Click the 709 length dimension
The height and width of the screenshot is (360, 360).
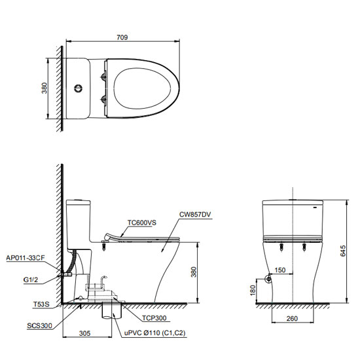click(x=122, y=37)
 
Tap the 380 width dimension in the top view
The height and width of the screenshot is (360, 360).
click(x=45, y=88)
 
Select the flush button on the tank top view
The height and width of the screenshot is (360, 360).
click(x=78, y=88)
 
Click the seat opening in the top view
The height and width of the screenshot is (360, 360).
click(x=142, y=88)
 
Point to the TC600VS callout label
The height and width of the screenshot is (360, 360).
click(x=142, y=223)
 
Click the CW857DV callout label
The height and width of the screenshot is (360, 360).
click(x=195, y=215)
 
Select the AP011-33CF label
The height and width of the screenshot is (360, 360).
click(x=26, y=258)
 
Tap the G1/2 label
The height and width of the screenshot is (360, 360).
click(x=31, y=280)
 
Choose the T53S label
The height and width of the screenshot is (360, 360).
click(x=41, y=304)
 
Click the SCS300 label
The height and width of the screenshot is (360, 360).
click(x=39, y=326)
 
